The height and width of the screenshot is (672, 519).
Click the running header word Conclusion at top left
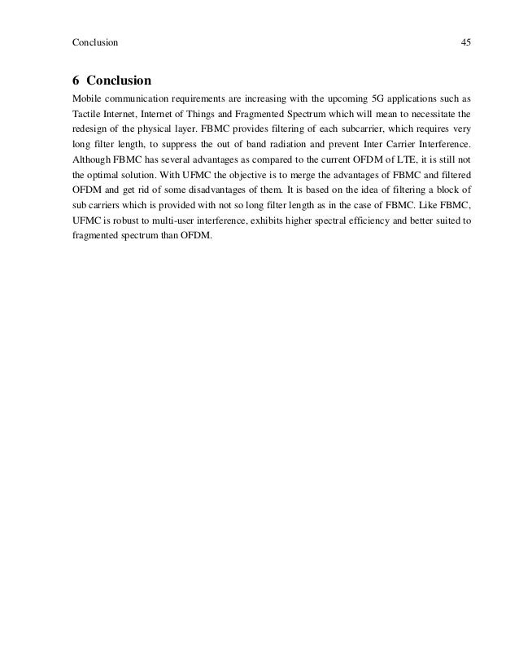pos(95,41)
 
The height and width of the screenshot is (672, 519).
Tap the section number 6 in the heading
pos(76,81)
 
